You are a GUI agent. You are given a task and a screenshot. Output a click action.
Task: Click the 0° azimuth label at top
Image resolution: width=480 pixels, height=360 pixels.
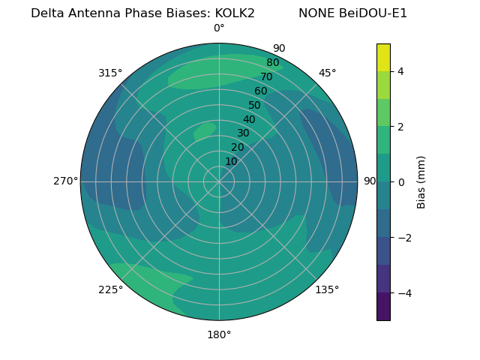[219, 28]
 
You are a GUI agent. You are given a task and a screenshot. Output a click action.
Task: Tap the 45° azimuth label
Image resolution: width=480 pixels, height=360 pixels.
[327, 73]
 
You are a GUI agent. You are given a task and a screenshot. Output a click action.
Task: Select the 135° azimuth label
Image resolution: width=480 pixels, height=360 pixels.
[327, 289]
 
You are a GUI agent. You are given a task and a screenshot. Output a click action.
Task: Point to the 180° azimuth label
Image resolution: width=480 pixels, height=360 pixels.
[219, 334]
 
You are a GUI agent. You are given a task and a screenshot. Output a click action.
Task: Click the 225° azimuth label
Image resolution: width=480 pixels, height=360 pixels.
[110, 289]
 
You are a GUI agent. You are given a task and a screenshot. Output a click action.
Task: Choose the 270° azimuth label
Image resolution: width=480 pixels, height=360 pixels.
[65, 181]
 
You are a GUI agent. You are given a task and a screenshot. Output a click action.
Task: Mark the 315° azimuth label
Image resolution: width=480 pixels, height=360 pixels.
[110, 73]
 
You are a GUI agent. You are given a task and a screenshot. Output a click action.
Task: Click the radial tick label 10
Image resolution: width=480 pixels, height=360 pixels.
[231, 161]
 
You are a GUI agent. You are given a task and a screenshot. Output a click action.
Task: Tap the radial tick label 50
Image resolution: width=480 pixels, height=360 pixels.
[254, 106]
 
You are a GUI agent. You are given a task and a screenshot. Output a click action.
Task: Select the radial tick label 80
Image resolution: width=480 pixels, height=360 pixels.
[272, 63]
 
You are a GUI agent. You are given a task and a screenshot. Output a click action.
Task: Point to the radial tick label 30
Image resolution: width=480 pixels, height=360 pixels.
[243, 133]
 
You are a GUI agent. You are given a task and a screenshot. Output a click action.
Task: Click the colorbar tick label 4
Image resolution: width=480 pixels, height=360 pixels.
[400, 71]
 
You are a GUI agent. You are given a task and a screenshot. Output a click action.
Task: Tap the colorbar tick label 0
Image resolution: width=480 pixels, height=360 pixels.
[400, 182]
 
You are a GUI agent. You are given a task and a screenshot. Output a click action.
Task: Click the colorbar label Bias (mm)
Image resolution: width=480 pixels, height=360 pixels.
[421, 182]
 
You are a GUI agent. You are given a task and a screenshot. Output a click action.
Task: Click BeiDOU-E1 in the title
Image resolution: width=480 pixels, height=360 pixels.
[373, 13]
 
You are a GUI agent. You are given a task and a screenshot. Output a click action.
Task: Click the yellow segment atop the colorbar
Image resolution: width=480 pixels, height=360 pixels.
[383, 57]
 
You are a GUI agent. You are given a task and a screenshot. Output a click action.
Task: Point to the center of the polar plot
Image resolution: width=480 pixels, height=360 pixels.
[219, 181]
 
